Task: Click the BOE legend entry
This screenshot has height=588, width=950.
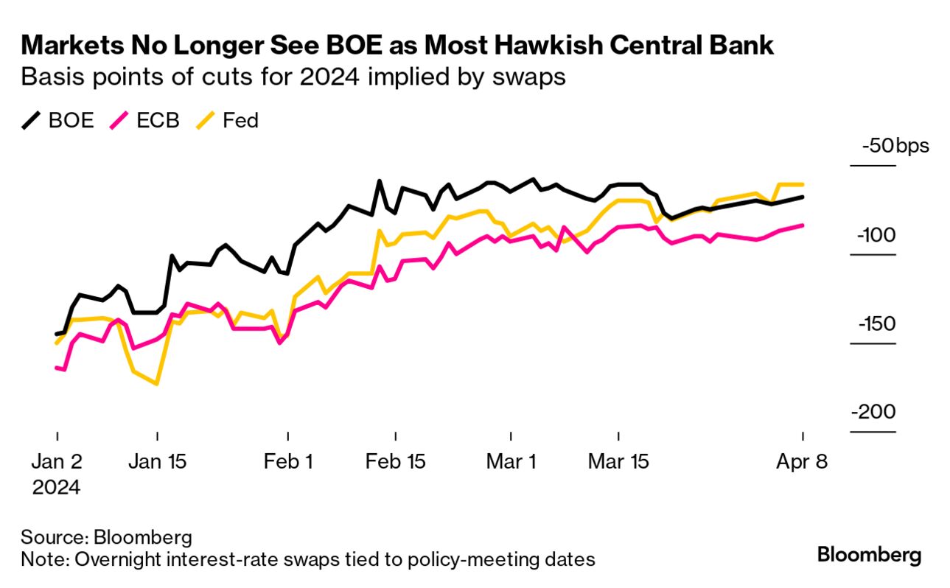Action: coord(58,120)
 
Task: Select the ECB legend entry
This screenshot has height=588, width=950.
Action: coord(144,120)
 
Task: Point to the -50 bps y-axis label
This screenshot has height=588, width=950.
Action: coord(895,145)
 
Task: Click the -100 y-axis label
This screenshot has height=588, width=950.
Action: coord(875,235)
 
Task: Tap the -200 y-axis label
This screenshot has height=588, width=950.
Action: coord(874,413)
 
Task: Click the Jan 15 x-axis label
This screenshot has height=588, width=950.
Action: coord(157,463)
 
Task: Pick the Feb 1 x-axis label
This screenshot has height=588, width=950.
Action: coord(287,463)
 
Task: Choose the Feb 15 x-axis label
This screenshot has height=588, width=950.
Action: coord(396,463)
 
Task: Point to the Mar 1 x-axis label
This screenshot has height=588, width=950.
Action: coord(511,463)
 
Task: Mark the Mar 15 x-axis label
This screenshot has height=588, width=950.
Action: coord(618,463)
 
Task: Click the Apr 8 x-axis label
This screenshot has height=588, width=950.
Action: coord(802,463)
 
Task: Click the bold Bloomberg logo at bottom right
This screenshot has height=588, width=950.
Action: coord(869,555)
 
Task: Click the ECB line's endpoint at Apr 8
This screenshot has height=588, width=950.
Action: coord(802,225)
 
